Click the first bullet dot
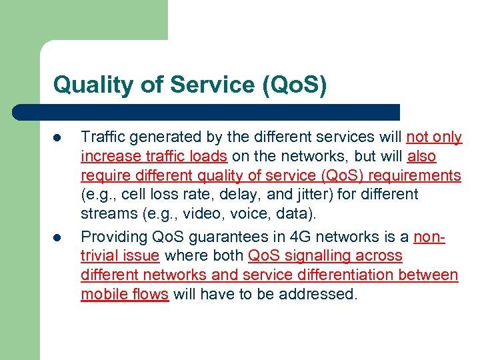click(x=58, y=138)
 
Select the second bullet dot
click(x=58, y=237)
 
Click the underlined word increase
click(x=107, y=157)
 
